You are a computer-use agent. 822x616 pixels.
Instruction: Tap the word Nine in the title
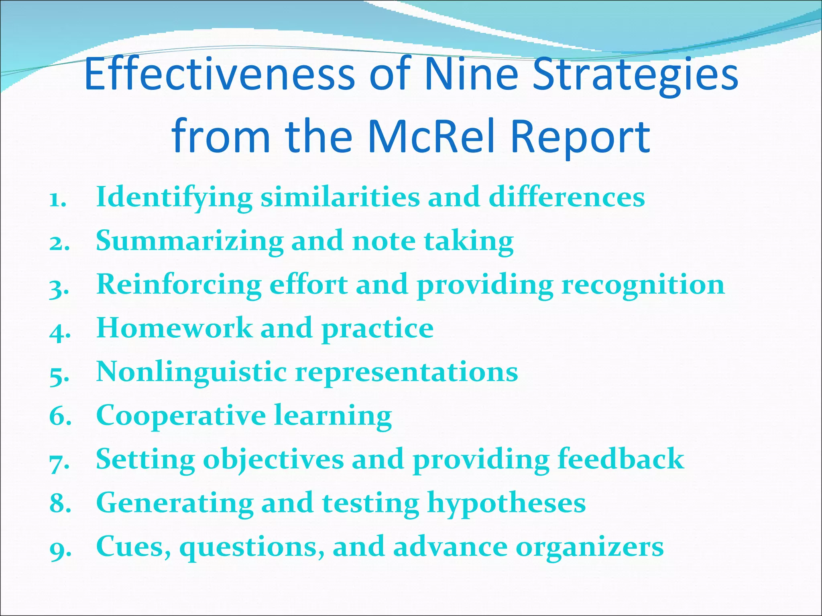pyautogui.click(x=472, y=74)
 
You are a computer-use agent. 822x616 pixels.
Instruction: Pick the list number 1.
pyautogui.click(x=57, y=199)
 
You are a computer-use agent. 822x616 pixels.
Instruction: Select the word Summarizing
pyautogui.click(x=189, y=241)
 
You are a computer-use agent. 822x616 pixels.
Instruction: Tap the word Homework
pyautogui.click(x=174, y=328)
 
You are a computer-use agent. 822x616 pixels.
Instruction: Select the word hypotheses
pyautogui.click(x=507, y=503)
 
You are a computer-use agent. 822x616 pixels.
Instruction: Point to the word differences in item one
pyautogui.click(x=567, y=197)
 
